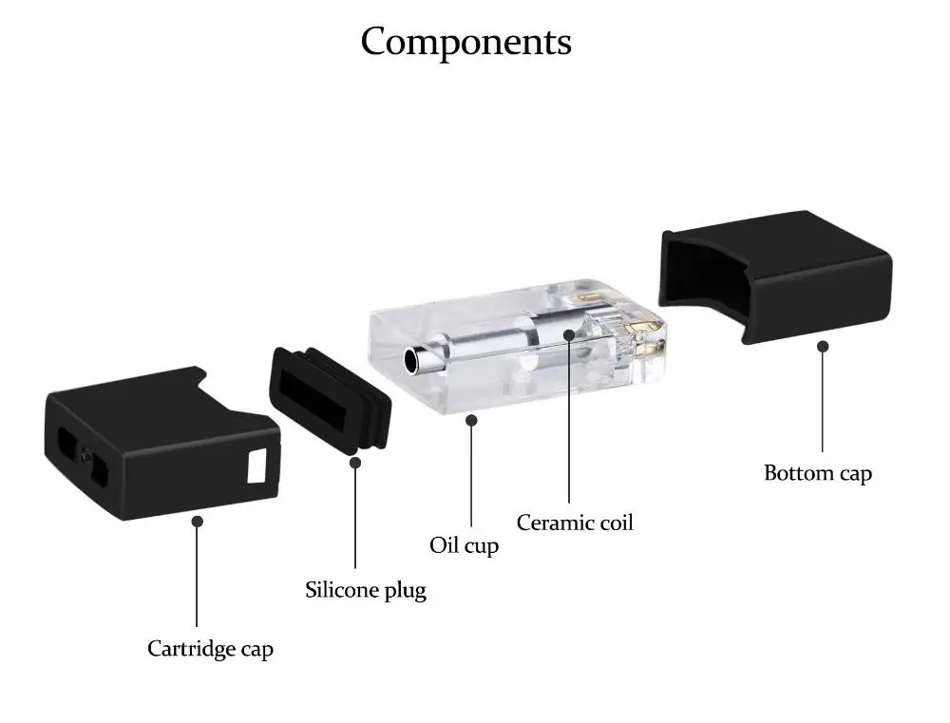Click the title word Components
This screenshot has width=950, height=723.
tap(465, 42)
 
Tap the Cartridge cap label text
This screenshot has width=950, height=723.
tap(210, 649)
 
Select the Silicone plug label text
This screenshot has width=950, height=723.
tap(366, 590)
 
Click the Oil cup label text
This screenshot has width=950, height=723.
tap(465, 545)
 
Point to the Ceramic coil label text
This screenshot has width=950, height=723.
tap(575, 523)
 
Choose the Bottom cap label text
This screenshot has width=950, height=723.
tap(818, 473)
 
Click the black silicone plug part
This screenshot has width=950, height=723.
tap(331, 401)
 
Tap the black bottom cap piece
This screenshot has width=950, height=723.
tap(775, 277)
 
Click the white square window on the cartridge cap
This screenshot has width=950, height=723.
tap(256, 466)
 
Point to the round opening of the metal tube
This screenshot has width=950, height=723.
tap(412, 360)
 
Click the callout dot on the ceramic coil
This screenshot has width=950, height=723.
tap(568, 334)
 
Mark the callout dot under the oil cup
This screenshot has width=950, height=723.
tap(471, 420)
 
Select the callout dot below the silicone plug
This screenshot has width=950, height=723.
tap(355, 463)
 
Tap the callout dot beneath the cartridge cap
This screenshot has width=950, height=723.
tap(197, 521)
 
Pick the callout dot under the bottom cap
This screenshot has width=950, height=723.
tap(823, 346)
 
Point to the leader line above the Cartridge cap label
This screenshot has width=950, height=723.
tap(197, 577)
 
